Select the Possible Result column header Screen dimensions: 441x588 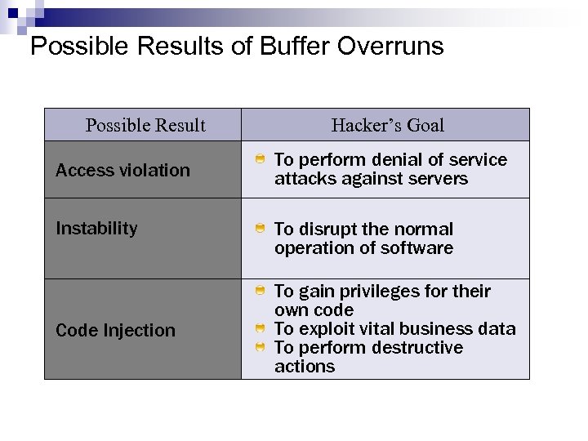[x=145, y=125]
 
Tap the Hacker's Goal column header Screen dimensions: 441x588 [x=388, y=125]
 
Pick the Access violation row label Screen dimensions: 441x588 [x=122, y=170]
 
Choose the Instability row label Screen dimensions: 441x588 [x=96, y=228]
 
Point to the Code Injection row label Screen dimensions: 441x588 [x=115, y=330]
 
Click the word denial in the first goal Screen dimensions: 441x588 [x=385, y=160]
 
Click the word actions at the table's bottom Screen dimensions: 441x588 [x=304, y=367]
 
